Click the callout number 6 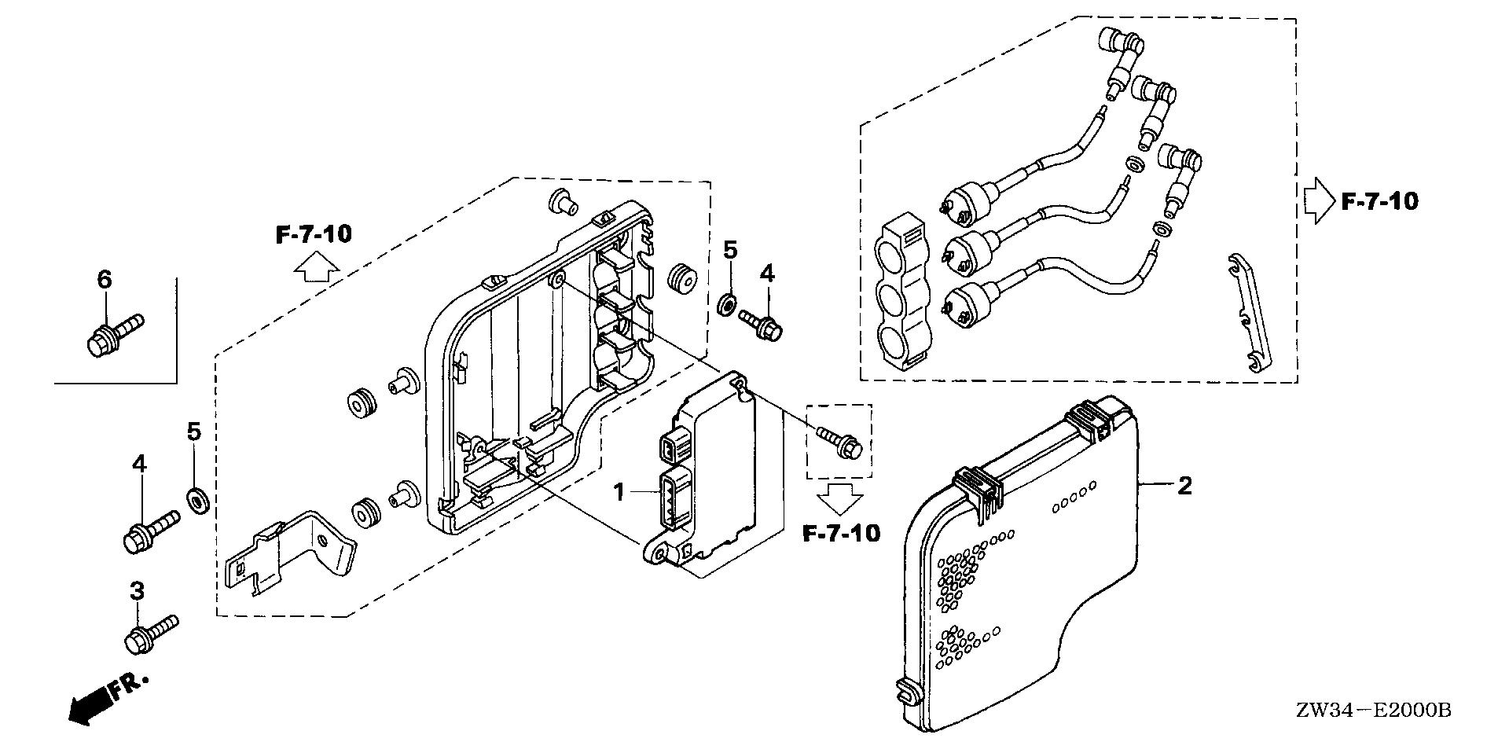point(105,279)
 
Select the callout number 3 point(137,591)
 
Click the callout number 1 point(619,493)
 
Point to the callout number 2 point(1184,486)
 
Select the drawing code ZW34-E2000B point(1383,711)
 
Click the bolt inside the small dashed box point(840,442)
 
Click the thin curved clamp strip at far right point(1249,322)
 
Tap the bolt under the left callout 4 point(150,530)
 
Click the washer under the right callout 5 point(729,303)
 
